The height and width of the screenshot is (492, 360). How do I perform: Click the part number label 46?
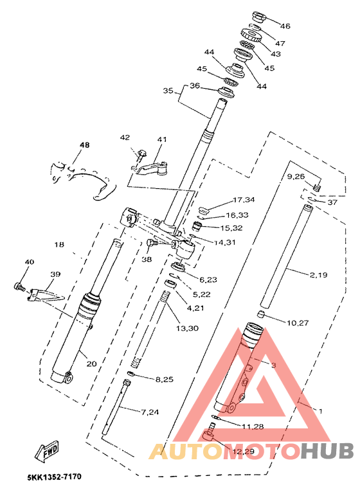click(x=285, y=26)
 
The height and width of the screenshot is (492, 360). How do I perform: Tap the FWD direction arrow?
click(x=47, y=451)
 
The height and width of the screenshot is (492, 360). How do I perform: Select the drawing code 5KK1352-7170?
click(x=54, y=477)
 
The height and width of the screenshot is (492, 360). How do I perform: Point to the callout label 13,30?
click(x=187, y=328)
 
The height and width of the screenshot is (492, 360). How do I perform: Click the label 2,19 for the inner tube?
click(x=318, y=275)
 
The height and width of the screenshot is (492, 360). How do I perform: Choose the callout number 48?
click(x=84, y=145)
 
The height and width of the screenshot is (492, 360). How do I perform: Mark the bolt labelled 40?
click(x=20, y=286)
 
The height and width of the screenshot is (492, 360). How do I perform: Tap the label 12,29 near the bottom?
click(x=243, y=451)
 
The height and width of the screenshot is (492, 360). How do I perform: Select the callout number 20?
click(x=92, y=364)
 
